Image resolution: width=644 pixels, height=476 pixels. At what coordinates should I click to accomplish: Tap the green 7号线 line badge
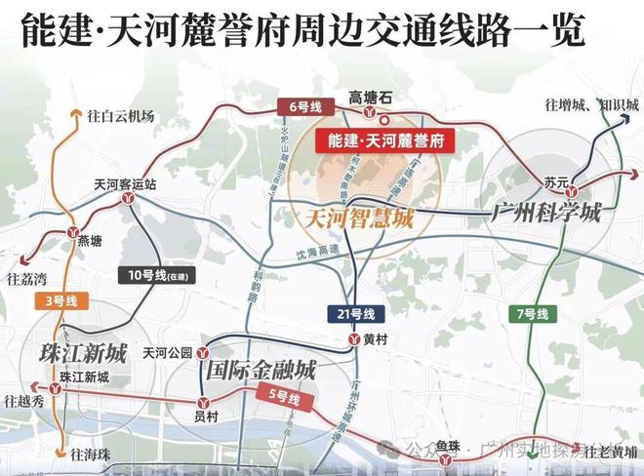(536, 313)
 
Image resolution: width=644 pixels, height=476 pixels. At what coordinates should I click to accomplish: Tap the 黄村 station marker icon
(353, 338)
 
